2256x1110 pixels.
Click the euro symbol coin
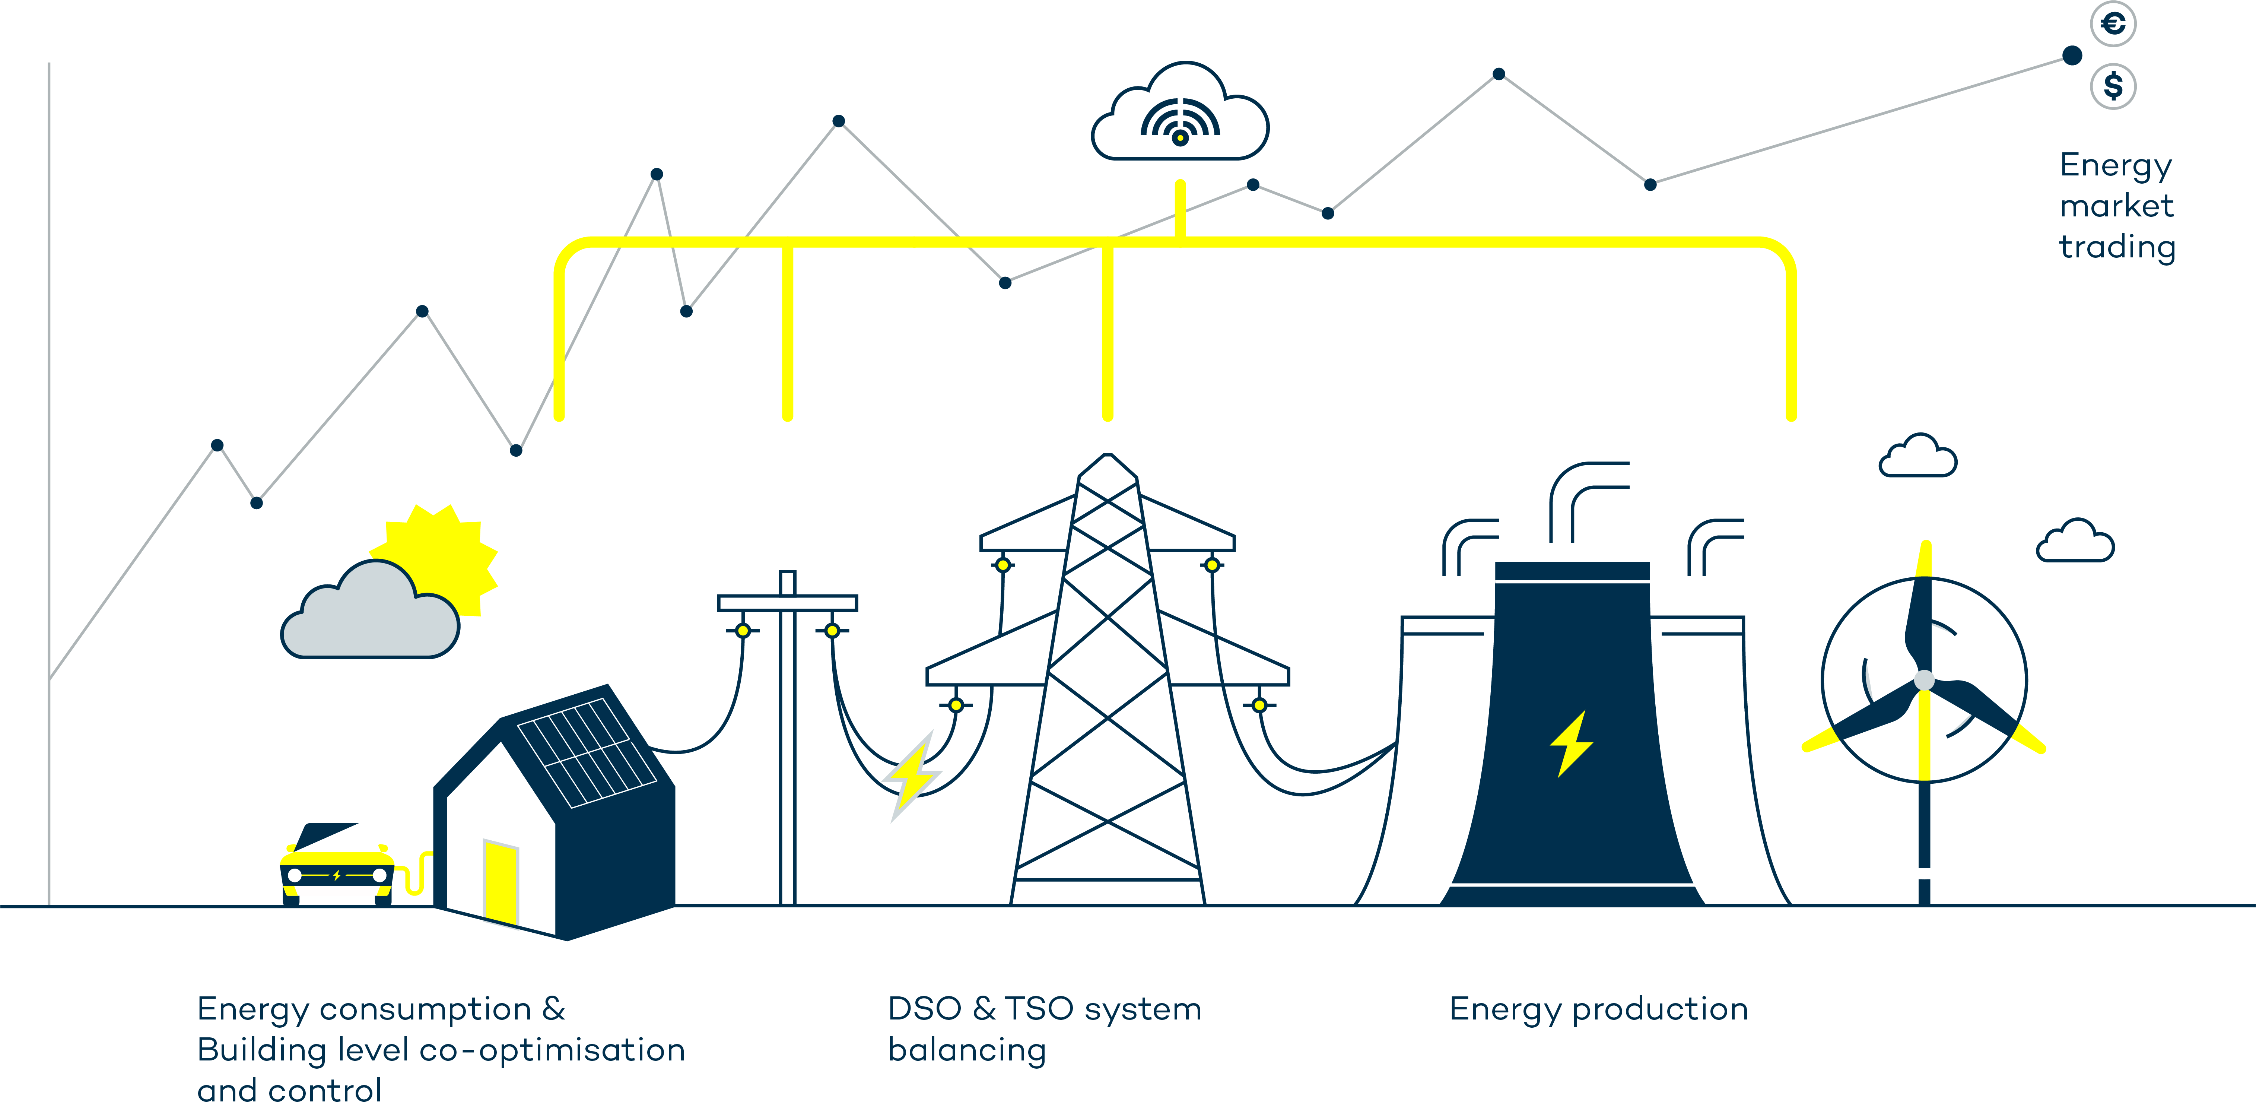coord(2113,24)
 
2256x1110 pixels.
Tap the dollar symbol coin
coord(2113,86)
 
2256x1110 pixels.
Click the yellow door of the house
coord(501,881)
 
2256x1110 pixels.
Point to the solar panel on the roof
coord(587,752)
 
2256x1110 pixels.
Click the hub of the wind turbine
coord(1924,680)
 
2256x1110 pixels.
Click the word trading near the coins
coord(2117,247)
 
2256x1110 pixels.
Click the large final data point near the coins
coord(2072,56)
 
